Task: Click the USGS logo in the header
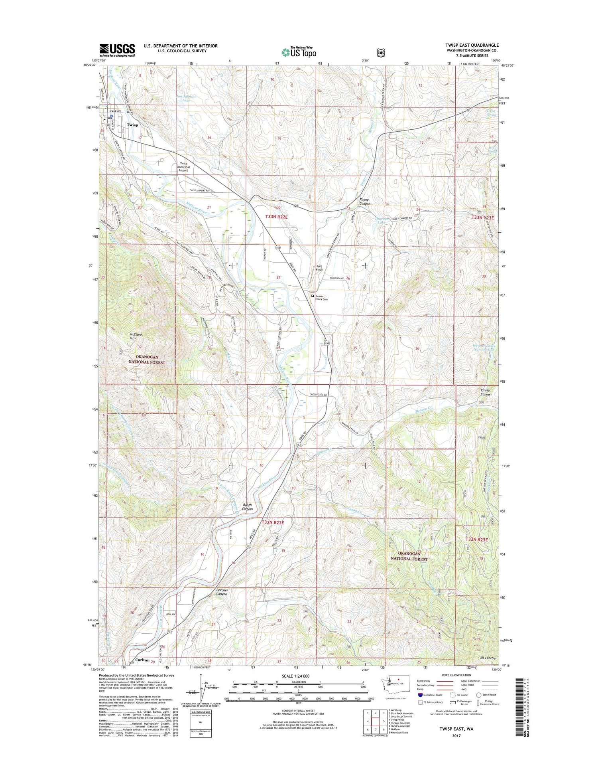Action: [x=117, y=50]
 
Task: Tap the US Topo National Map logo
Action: [x=299, y=52]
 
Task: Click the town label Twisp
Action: [x=132, y=125]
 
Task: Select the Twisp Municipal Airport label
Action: [x=183, y=167]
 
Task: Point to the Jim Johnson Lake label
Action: [x=186, y=99]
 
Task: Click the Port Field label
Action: [x=319, y=268]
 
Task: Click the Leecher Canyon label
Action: [x=222, y=592]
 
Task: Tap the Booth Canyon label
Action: [x=247, y=507]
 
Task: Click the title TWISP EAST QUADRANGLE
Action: [x=466, y=45]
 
